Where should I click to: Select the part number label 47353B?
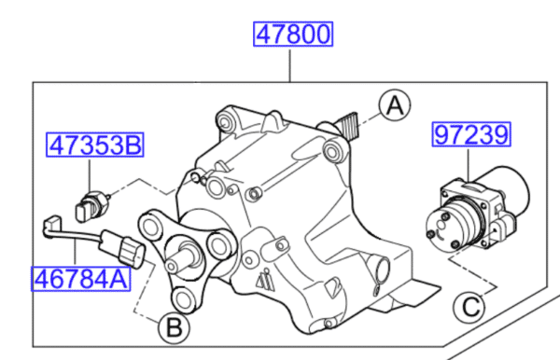point(97,145)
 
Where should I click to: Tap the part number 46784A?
point(80,278)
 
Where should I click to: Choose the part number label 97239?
point(471,136)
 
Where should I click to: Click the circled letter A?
point(395,107)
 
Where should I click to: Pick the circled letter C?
point(469,306)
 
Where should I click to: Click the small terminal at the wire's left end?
point(50,224)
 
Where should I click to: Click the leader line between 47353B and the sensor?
point(89,173)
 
